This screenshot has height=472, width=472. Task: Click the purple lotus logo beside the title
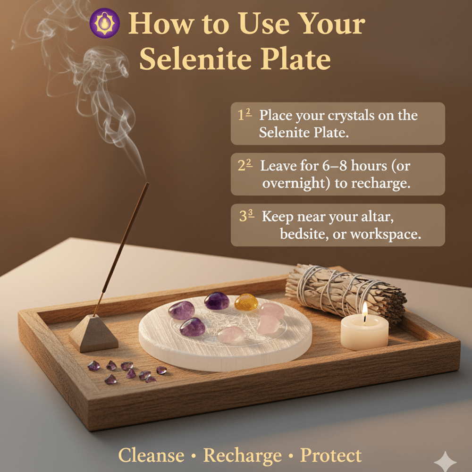(105, 23)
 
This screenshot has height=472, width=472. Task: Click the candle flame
(365, 310)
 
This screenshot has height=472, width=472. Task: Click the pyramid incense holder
(93, 333)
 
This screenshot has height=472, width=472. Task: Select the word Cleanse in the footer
(151, 455)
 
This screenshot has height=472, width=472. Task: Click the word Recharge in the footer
(242, 455)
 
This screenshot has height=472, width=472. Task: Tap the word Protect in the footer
(331, 455)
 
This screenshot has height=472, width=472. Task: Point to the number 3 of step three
(244, 217)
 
